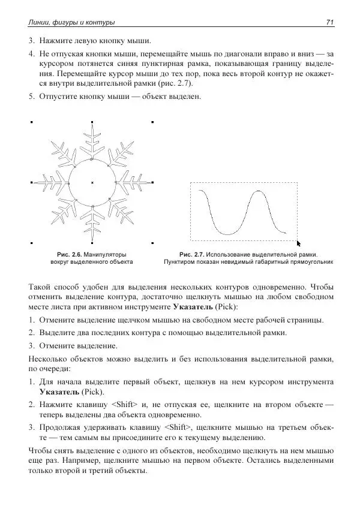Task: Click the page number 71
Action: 329,23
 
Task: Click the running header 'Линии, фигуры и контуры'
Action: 71,23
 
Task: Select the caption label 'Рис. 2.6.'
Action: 68,254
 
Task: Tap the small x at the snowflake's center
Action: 92,182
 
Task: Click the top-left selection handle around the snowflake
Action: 31,121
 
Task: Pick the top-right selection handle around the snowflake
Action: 153,121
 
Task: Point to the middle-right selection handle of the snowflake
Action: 153,182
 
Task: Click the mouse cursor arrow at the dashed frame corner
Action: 299,243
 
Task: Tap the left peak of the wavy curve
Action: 200,191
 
